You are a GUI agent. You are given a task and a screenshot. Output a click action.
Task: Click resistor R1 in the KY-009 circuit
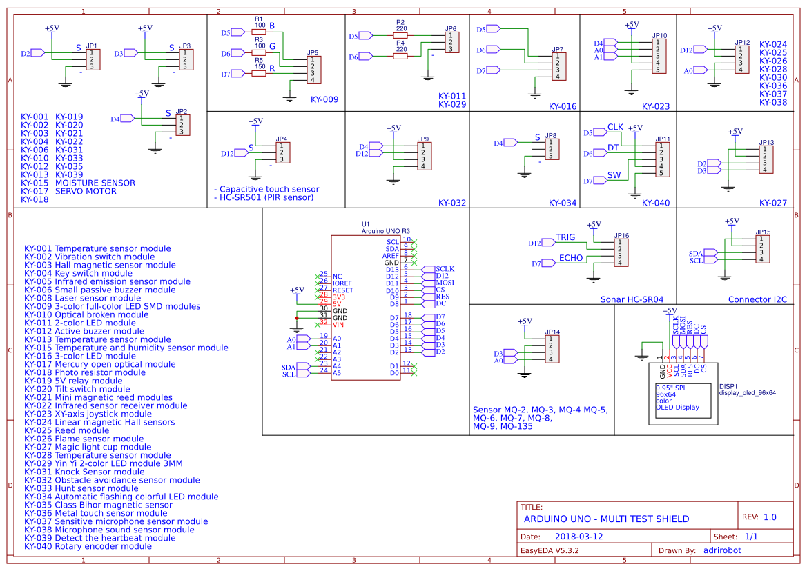[259, 32]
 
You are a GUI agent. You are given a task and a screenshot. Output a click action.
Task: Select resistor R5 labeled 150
[259, 74]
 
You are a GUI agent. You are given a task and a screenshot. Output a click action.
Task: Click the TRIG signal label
[565, 237]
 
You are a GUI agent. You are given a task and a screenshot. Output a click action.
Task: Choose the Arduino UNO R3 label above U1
[386, 231]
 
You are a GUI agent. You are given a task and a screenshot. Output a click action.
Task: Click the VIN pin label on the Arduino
[338, 325]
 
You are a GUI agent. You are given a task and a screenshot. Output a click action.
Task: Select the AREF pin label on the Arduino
[391, 256]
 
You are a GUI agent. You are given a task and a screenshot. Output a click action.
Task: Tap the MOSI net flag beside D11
[445, 283]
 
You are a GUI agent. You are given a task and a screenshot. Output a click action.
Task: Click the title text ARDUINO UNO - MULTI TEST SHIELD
[606, 519]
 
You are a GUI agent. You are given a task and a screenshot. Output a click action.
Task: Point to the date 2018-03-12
[578, 537]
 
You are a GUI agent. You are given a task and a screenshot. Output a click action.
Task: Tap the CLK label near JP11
[615, 128]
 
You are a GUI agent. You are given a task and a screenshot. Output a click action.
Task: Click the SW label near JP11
[614, 176]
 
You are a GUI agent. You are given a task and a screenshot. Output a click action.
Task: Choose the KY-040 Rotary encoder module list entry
[88, 546]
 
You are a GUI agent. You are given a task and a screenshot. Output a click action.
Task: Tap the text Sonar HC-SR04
[632, 299]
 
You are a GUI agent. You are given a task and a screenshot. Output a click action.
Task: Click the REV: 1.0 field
[759, 517]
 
